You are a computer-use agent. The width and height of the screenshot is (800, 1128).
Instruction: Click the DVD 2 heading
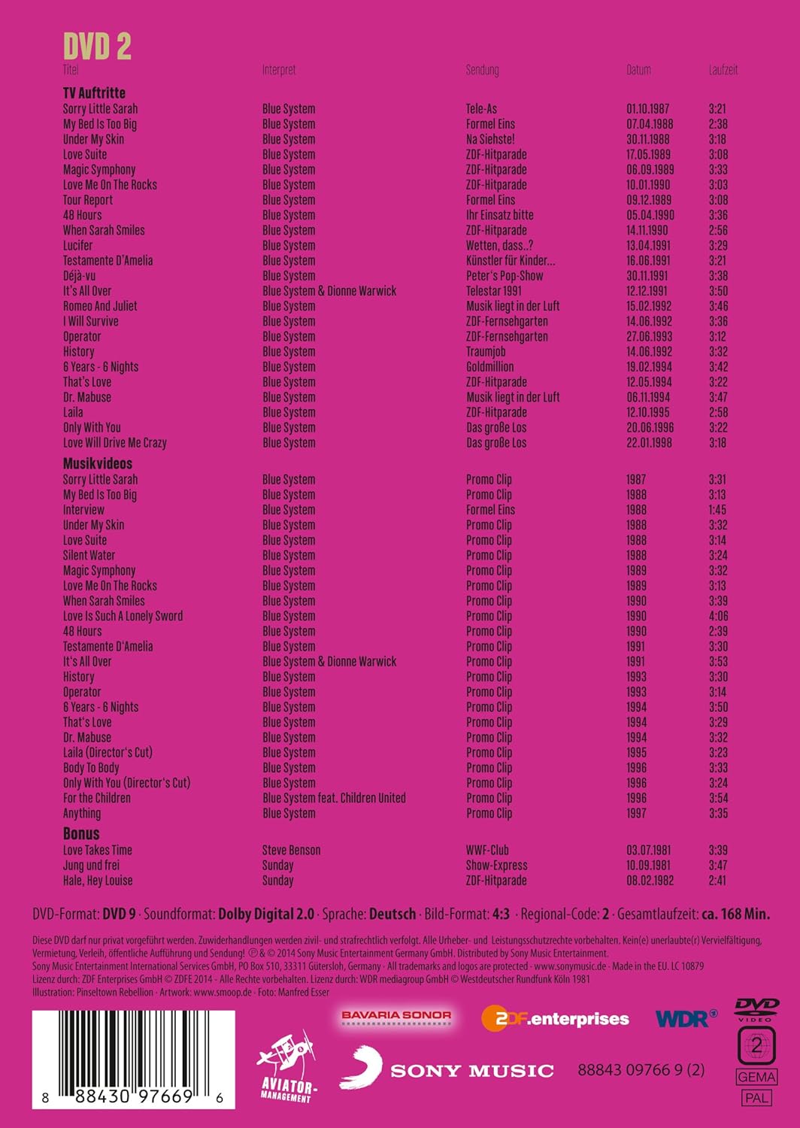tap(97, 47)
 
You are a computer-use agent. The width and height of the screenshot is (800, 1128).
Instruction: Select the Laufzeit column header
tap(723, 70)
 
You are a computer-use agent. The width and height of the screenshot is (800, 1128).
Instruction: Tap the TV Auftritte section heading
tap(94, 92)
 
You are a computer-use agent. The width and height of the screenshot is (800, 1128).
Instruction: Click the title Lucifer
tap(77, 245)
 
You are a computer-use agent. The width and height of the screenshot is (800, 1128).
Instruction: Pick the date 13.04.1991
tap(648, 245)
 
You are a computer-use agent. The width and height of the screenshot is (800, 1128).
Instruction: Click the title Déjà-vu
tap(79, 275)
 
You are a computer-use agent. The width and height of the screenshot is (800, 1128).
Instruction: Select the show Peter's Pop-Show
tap(504, 275)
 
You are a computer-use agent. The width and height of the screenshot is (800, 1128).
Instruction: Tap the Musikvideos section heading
tap(97, 463)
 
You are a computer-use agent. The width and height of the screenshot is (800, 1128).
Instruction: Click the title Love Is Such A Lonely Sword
tap(123, 616)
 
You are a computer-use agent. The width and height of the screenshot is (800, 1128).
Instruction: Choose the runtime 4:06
tap(717, 616)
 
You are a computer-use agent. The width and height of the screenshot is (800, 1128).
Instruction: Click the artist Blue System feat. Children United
tap(333, 798)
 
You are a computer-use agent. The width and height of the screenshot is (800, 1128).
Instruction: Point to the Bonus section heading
tap(81, 833)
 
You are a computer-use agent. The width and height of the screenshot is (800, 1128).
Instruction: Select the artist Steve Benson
tap(291, 850)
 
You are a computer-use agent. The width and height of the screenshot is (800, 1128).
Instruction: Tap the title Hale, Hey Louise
tap(98, 881)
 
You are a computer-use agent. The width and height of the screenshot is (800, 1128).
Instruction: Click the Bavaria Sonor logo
tap(396, 1015)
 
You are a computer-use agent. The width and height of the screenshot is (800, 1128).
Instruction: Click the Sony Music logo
tap(447, 1069)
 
